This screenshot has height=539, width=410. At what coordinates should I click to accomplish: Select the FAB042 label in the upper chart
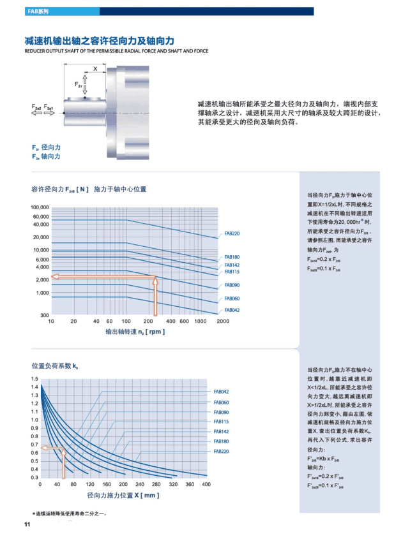(x=232, y=310)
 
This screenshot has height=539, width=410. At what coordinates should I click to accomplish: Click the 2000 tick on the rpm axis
(x=223, y=321)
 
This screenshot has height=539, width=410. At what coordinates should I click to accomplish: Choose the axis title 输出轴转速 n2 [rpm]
(x=135, y=332)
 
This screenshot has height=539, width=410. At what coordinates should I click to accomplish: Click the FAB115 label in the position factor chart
(x=221, y=422)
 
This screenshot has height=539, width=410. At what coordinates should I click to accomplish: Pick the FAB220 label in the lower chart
(x=221, y=452)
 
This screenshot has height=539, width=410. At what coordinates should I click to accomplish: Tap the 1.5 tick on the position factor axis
(x=34, y=379)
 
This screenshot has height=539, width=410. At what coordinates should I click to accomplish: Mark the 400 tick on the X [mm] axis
(x=206, y=485)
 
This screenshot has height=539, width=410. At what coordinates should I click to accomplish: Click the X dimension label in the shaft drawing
(x=95, y=68)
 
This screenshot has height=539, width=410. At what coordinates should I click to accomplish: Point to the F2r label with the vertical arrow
(x=79, y=84)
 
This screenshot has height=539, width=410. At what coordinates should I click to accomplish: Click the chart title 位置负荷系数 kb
(x=55, y=366)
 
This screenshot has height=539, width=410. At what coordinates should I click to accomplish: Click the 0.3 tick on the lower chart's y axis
(x=34, y=477)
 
